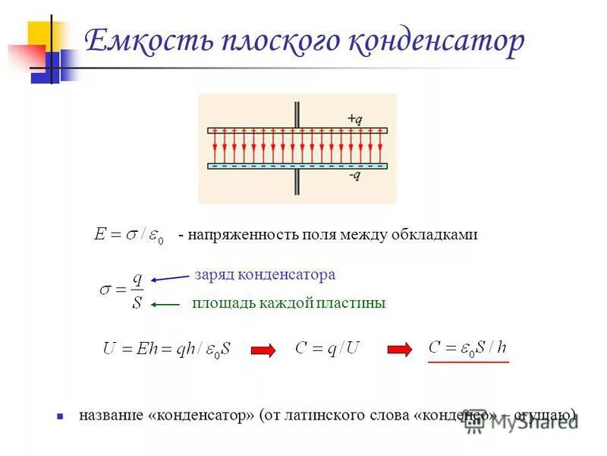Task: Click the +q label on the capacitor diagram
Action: point(354,119)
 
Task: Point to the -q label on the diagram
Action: point(354,176)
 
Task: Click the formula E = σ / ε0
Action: point(128,235)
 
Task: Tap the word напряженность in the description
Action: point(239,235)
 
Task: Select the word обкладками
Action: point(434,235)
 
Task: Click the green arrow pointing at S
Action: point(166,304)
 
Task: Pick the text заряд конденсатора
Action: point(265,274)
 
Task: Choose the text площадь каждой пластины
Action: point(289,303)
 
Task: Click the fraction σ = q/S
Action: point(122,291)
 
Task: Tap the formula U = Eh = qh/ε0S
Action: point(166,350)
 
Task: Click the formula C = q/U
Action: point(327,349)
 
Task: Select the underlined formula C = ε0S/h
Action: point(467,348)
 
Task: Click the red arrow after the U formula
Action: point(262,350)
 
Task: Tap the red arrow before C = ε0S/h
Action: point(399,350)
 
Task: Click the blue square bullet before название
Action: point(60,416)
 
